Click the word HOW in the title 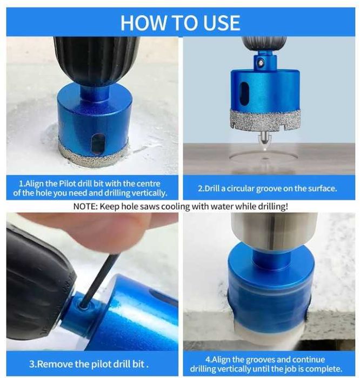(x=144, y=23)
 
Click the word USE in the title (x=222, y=23)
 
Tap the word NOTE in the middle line (x=85, y=206)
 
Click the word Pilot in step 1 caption (x=68, y=184)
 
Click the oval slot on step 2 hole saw (x=244, y=93)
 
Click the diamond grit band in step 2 (x=265, y=120)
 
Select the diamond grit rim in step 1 (x=93, y=156)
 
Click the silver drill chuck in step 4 (x=274, y=232)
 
